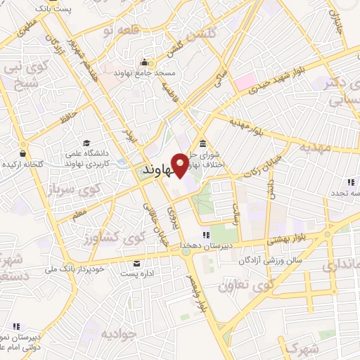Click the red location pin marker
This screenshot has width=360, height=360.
(x=181, y=164)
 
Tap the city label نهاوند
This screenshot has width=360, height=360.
(x=157, y=171)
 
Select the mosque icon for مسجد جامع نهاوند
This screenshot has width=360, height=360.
(x=145, y=61)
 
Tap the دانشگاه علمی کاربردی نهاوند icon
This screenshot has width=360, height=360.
(x=86, y=143)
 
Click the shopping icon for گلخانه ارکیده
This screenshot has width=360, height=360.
(x=23, y=153)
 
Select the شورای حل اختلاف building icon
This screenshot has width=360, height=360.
(x=202, y=143)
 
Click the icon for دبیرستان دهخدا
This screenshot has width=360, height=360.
(x=205, y=236)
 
